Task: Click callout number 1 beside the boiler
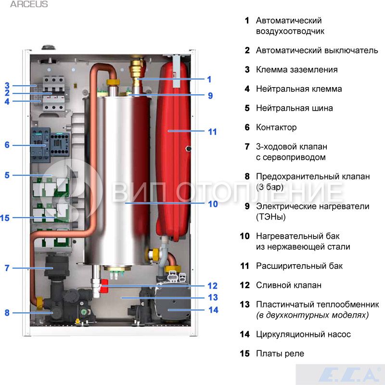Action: click(x=209, y=79)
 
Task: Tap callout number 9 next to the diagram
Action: click(x=210, y=95)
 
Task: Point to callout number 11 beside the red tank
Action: click(x=212, y=131)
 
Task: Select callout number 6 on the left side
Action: click(x=7, y=144)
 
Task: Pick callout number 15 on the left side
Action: click(x=5, y=218)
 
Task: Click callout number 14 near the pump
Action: click(x=213, y=310)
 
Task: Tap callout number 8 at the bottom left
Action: click(x=7, y=313)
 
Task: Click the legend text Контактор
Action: click(x=276, y=128)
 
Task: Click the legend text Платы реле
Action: click(x=280, y=354)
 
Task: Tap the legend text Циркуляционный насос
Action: click(x=303, y=334)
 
